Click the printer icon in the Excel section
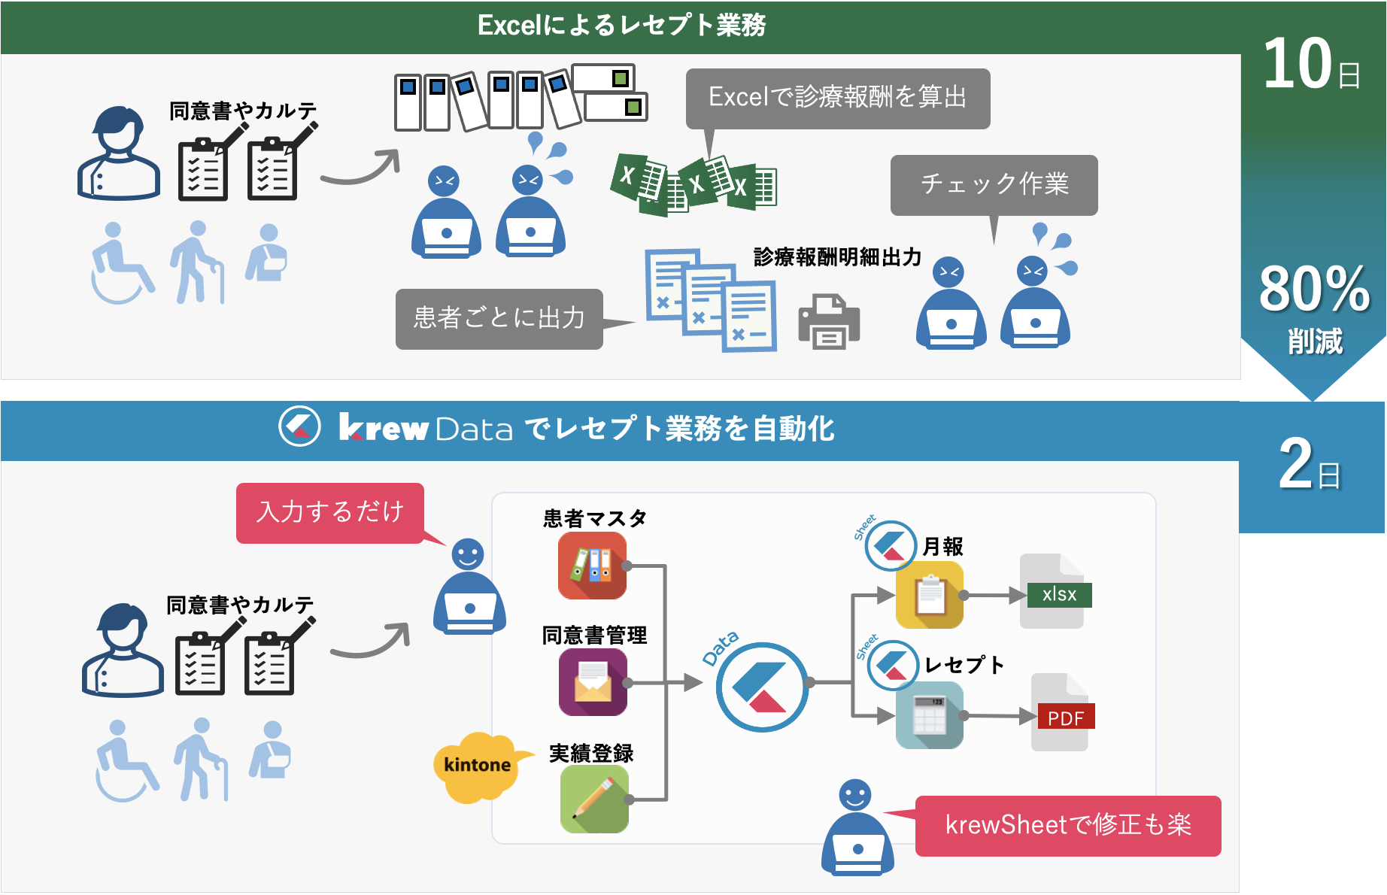829,322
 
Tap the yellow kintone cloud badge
478,766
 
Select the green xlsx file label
1059,595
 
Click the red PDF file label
1066,718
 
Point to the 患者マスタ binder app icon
593,566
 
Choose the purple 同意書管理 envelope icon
593,681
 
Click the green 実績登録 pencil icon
594,799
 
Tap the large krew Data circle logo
761,687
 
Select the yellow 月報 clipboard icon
930,595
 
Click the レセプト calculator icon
930,715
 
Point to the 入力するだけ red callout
330,512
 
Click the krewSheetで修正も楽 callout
1068,825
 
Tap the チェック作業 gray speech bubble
994,184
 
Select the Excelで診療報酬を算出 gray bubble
837,98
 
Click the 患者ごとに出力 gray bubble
499,318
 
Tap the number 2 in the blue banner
1296,464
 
